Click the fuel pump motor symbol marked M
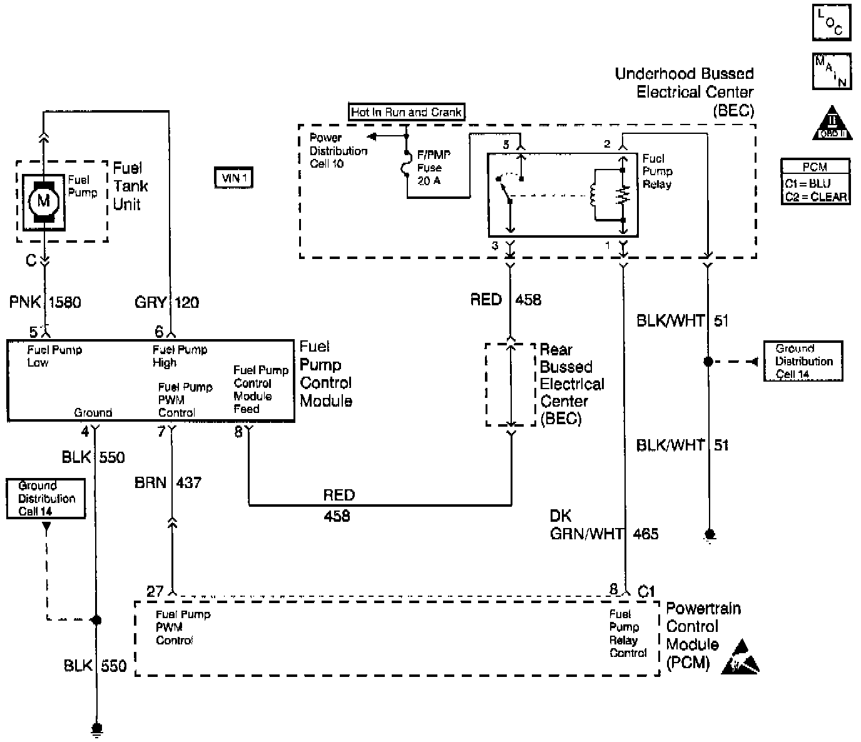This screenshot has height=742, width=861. (x=43, y=201)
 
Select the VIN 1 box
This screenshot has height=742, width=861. (x=234, y=179)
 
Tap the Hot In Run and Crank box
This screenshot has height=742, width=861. (x=407, y=113)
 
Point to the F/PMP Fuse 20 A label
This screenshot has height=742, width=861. (x=433, y=168)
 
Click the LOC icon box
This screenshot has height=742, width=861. (x=832, y=23)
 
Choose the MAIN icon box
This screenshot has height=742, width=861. (x=832, y=71)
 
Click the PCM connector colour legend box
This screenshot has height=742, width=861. (x=815, y=181)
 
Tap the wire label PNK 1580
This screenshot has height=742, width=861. (x=45, y=303)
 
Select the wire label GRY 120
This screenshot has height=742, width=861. (x=166, y=303)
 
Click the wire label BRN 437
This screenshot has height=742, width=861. (x=167, y=483)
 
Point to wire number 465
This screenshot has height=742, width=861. (x=646, y=534)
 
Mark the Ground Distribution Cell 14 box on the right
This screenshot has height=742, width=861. (x=803, y=361)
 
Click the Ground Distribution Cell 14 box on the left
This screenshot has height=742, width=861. (x=46, y=499)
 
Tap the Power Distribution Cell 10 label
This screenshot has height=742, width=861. (x=338, y=151)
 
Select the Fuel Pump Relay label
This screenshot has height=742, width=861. (x=657, y=171)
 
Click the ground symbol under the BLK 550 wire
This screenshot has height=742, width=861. (x=96, y=728)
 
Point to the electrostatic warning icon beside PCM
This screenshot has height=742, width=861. (x=740, y=658)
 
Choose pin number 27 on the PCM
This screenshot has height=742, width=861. (x=155, y=591)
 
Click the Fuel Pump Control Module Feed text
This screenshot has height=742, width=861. (x=260, y=390)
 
